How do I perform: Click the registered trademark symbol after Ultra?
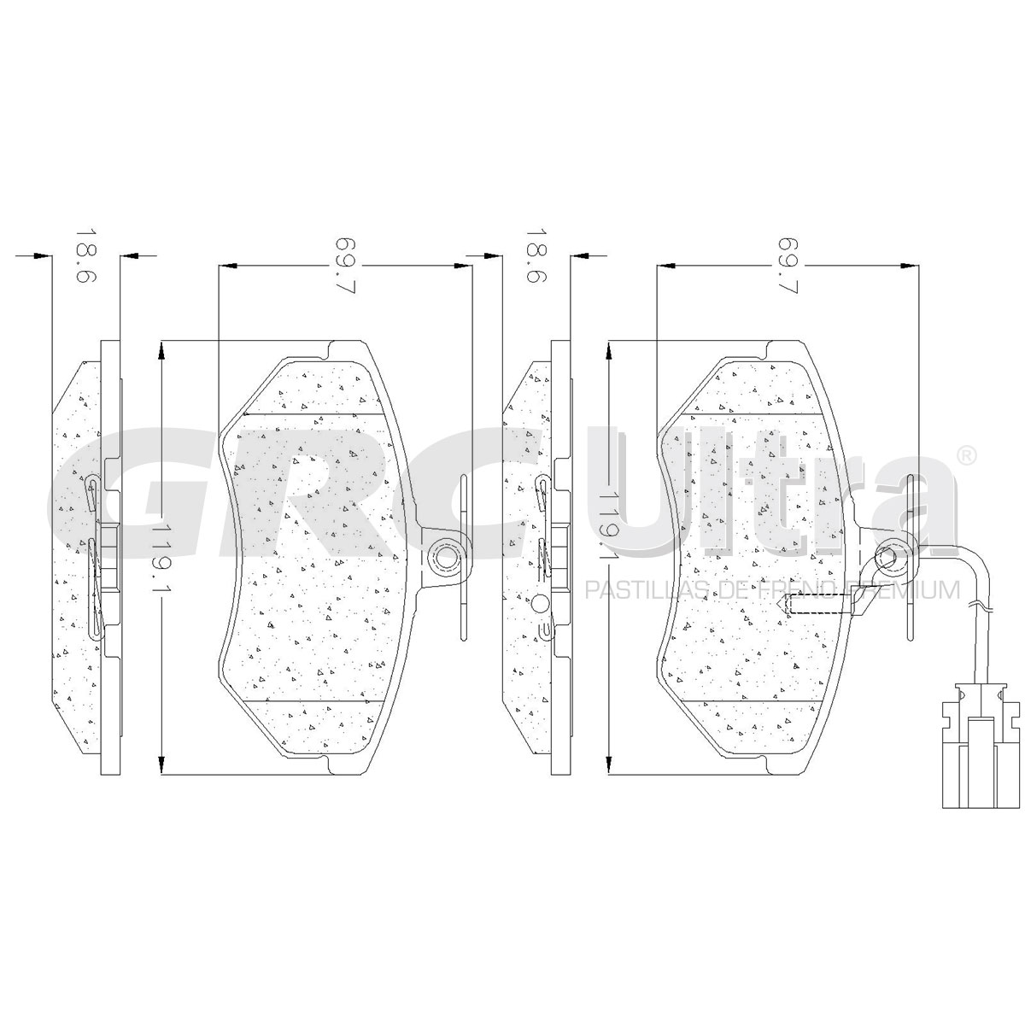966,456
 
